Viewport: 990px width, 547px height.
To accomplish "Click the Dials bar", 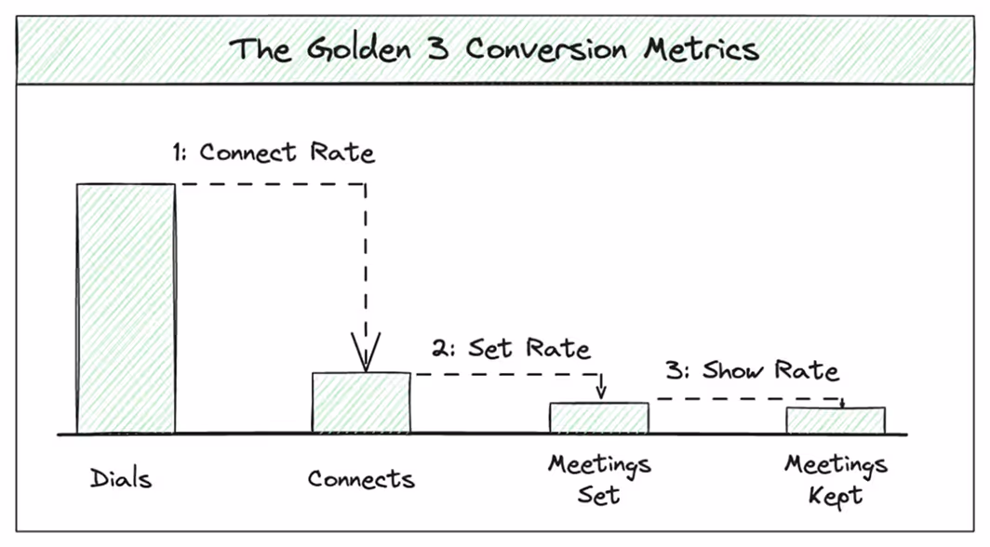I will point(126,309).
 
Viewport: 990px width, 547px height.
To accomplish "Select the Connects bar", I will point(361,403).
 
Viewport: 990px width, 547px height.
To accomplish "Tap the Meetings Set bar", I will point(598,418).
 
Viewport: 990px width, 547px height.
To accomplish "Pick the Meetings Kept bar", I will point(835,420).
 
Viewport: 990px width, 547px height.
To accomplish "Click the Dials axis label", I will point(121,479).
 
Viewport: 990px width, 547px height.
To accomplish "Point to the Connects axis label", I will point(361,479).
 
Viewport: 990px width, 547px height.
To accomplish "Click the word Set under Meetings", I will point(598,495).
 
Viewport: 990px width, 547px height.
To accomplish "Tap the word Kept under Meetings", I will point(836,496).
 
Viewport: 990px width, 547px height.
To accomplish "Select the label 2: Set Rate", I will point(511,349).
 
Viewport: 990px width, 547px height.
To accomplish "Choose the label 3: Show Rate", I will point(752,371).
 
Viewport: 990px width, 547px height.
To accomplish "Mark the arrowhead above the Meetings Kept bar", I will point(842,403).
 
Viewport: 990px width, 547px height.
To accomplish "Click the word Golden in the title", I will point(354,48).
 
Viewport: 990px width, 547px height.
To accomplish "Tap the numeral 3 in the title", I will point(439,48).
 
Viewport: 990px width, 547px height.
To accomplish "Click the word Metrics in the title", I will point(708,48).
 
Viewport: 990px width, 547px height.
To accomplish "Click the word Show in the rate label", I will point(735,371).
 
